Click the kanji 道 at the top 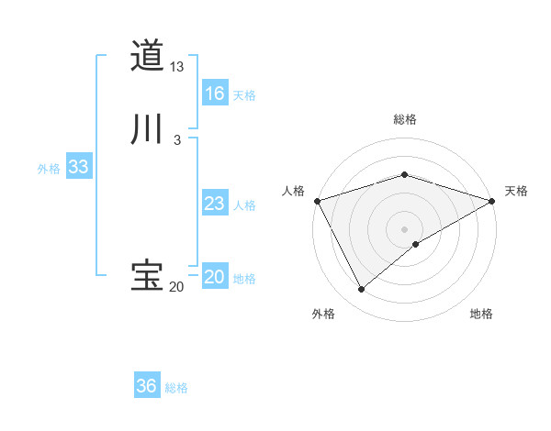[147, 56]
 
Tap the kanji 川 [147, 129]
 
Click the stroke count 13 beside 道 [177, 67]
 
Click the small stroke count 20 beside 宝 [176, 287]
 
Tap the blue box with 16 [215, 94]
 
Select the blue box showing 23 [215, 204]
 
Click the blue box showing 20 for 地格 [215, 277]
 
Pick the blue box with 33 [78, 167]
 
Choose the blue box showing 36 [147, 386]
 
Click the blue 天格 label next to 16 [244, 95]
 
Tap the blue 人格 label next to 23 [244, 205]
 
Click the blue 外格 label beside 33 [49, 169]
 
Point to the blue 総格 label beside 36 [176, 388]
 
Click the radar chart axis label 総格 [405, 119]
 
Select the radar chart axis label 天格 [516, 191]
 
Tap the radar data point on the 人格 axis [317, 201]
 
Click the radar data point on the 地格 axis [416, 244]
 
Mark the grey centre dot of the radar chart [405, 229]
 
